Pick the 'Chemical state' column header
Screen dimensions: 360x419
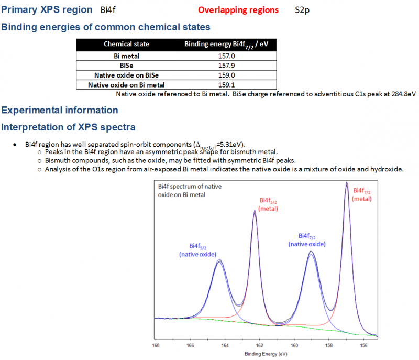pos(126,45)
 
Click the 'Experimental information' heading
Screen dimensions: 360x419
pos(60,110)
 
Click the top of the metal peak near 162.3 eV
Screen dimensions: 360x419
pos(255,211)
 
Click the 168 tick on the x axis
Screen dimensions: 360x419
pos(156,345)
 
